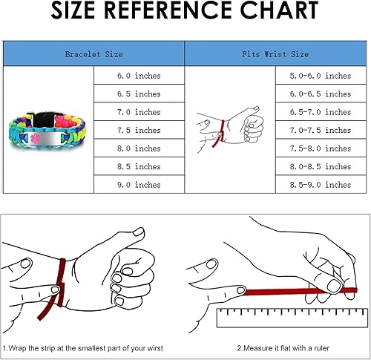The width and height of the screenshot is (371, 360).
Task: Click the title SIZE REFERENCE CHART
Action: (185, 13)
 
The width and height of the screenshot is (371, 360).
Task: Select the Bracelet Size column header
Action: (93, 54)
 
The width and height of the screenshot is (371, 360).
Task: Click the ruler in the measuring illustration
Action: (290, 318)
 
